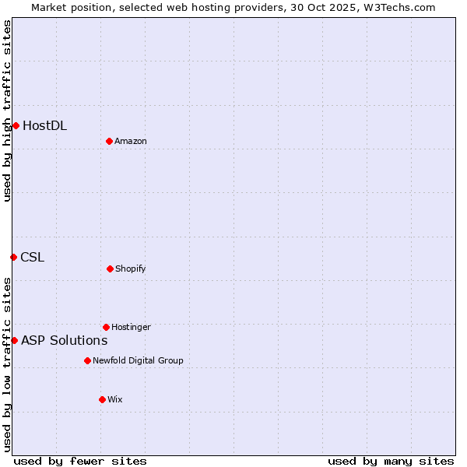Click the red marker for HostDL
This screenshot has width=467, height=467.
pyautogui.click(x=16, y=125)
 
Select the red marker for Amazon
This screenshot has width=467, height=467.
pyautogui.click(x=109, y=141)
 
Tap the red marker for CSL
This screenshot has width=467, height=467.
pyautogui.click(x=13, y=257)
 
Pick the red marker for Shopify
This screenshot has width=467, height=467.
pyautogui.click(x=110, y=269)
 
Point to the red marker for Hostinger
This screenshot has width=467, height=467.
pyautogui.click(x=106, y=327)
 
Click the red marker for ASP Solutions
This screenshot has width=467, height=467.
pyautogui.click(x=14, y=340)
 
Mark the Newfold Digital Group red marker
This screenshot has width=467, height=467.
pyautogui.click(x=87, y=360)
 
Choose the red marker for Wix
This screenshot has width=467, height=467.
pyautogui.click(x=102, y=399)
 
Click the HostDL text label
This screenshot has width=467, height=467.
pyautogui.click(x=44, y=125)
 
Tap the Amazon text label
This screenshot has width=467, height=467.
pyautogui.click(x=131, y=141)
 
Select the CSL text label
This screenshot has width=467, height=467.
pyautogui.click(x=33, y=258)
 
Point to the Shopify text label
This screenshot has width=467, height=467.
pyautogui.click(x=131, y=269)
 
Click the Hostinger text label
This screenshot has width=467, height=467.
pyautogui.click(x=131, y=328)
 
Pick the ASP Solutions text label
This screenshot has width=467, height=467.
pyautogui.click(x=64, y=341)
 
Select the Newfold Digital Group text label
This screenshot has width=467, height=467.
pyautogui.click(x=138, y=361)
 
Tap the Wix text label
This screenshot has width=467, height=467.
pyautogui.click(x=115, y=400)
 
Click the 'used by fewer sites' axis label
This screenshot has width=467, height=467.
pyautogui.click(x=80, y=461)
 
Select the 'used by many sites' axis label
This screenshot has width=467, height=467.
pyautogui.click(x=391, y=461)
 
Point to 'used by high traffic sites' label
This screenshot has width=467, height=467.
pyautogui.click(x=7, y=111)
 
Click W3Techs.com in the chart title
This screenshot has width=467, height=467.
pyautogui.click(x=397, y=7)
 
